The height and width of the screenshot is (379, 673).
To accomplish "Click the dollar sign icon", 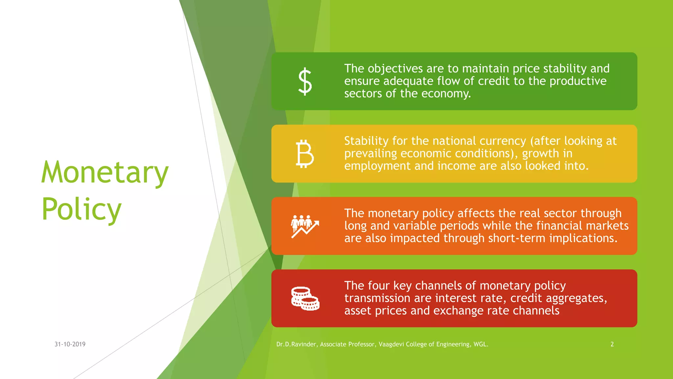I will click(x=305, y=81).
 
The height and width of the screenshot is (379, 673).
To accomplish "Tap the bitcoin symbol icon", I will click(x=305, y=154).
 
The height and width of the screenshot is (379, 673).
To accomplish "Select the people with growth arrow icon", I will click(x=305, y=226).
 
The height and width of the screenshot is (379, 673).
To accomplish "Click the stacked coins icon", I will click(x=305, y=299).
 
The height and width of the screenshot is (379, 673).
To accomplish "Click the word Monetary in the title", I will click(x=105, y=173).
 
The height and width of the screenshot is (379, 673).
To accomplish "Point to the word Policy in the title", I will click(x=81, y=210).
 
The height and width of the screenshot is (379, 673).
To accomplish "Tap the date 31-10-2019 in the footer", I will click(x=70, y=344).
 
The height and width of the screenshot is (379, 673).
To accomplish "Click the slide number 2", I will click(x=612, y=344).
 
